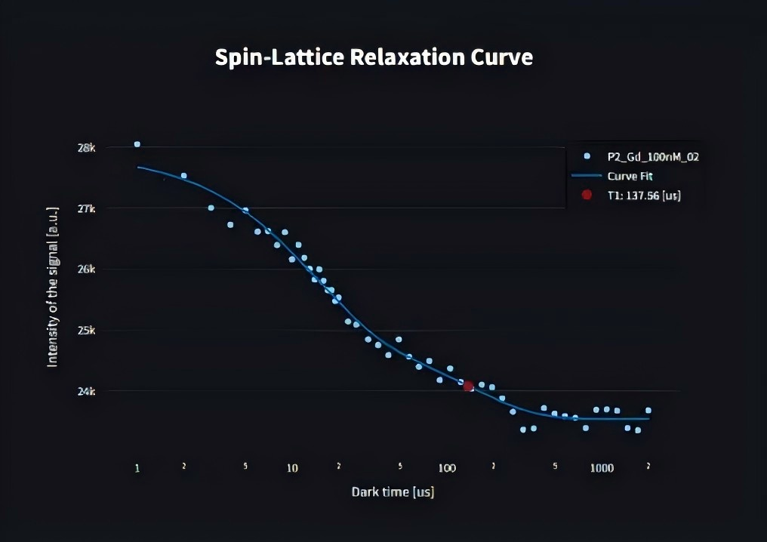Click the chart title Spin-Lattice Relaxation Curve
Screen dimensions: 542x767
pos(374,58)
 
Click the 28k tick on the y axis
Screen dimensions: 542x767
pos(88,148)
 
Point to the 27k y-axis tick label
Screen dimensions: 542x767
pos(88,208)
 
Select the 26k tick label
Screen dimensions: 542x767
pos(88,269)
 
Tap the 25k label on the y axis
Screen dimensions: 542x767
pos(88,331)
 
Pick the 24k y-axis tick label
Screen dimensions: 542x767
pos(88,391)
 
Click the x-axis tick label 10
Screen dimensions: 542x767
pos(292,468)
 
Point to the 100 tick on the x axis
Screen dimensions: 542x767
pos(447,468)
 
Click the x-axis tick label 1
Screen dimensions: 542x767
pos(137,468)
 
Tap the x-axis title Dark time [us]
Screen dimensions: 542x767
pos(393,492)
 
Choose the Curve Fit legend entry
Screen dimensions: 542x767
pos(630,176)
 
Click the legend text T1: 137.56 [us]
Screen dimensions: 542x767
pos(644,195)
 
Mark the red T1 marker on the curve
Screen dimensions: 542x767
pos(468,386)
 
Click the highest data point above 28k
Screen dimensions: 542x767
pos(137,144)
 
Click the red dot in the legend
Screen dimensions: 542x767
pos(587,195)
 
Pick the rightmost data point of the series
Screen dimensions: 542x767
pos(648,411)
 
